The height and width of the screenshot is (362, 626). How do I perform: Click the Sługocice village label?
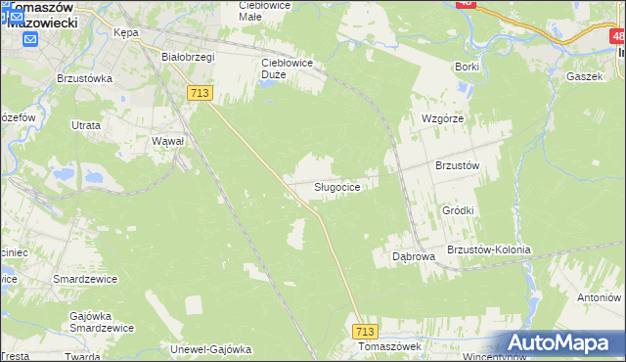click(341, 187)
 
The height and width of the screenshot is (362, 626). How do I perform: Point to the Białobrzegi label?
click(188, 57)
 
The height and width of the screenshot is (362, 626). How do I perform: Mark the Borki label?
click(467, 67)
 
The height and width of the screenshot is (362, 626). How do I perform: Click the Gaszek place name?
click(586, 74)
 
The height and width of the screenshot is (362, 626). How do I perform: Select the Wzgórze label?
click(441, 117)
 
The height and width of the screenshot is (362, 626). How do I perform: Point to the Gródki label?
click(458, 210)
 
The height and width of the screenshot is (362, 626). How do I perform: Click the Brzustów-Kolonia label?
click(488, 249)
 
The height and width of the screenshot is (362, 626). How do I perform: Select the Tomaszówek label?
click(388, 347)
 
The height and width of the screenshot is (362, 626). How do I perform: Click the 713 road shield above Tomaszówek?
click(366, 332)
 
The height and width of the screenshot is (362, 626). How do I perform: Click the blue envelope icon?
click(30, 40)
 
